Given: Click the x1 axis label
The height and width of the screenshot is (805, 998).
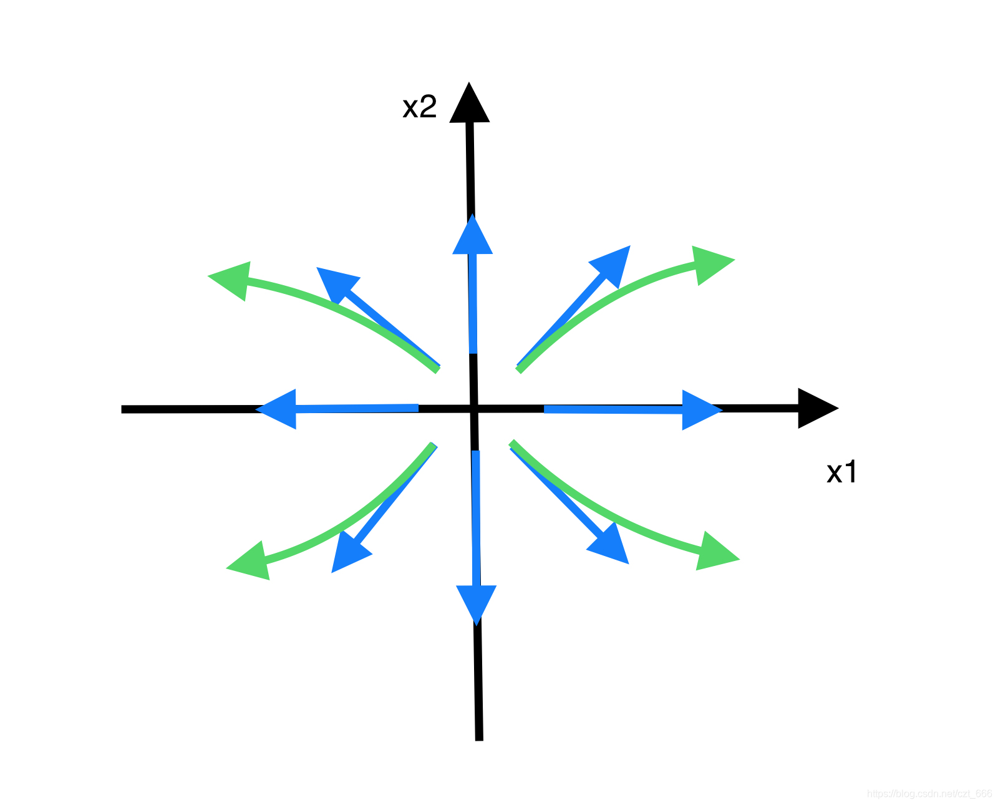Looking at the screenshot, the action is pyautogui.click(x=842, y=472).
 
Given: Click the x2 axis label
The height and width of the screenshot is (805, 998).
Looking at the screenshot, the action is pyautogui.click(x=419, y=107).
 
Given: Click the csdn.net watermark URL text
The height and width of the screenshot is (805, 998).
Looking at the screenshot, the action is pyautogui.click(x=929, y=794).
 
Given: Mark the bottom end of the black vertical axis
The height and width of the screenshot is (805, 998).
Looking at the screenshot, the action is pyautogui.click(x=479, y=738).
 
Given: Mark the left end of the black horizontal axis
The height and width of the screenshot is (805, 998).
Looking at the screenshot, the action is pyautogui.click(x=124, y=409).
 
